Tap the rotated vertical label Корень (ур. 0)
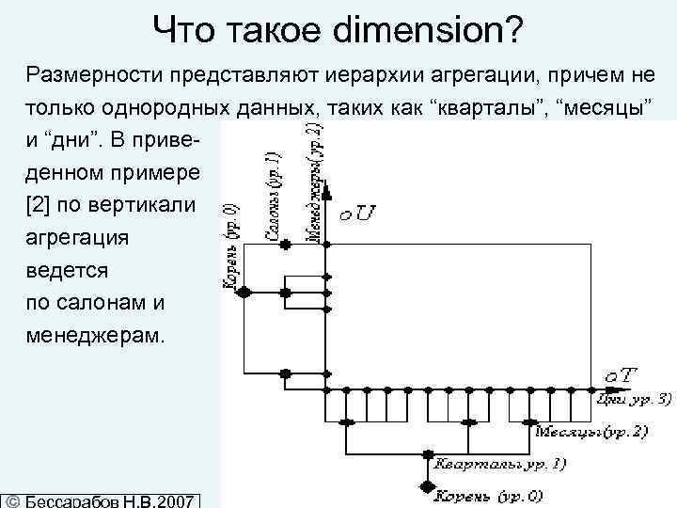click(229, 241)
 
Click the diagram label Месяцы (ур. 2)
click(592, 431)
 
